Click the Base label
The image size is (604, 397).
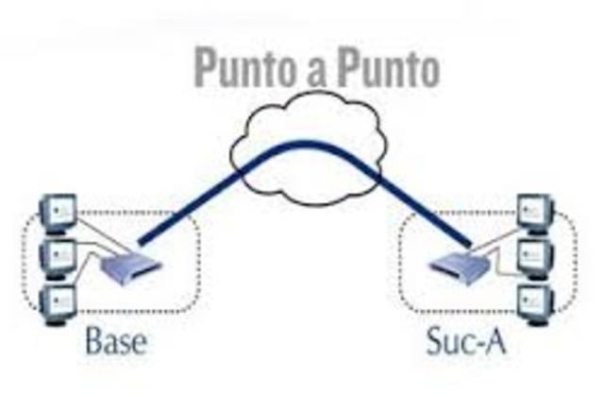coord(115,339)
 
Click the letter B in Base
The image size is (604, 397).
coord(94,339)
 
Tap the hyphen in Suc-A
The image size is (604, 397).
coord(478,342)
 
